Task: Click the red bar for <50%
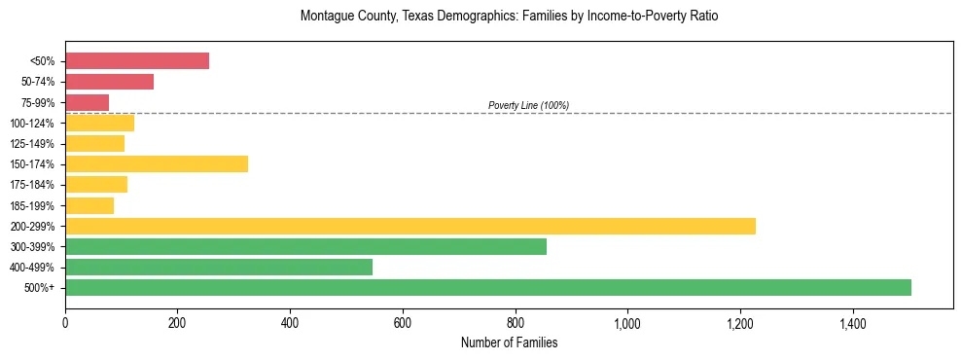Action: point(137,60)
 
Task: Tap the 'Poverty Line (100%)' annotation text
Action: point(528,105)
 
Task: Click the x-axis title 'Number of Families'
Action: point(509,342)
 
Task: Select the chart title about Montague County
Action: point(509,17)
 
